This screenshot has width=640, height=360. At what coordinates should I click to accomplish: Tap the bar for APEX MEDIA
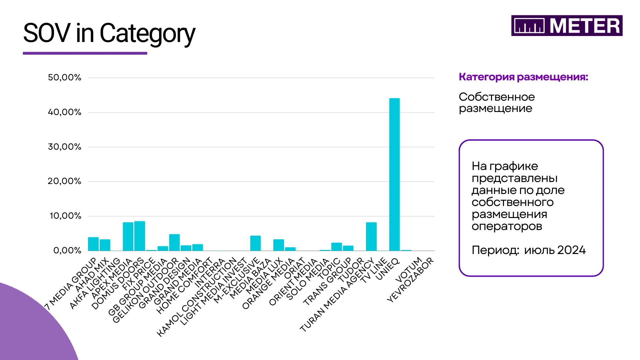coord(128,237)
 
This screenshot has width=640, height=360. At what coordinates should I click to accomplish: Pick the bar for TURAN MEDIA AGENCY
coord(371,237)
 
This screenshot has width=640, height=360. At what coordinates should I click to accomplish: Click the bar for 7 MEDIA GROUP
coord(93,244)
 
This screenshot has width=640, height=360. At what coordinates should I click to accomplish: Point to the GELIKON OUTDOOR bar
coord(174,242)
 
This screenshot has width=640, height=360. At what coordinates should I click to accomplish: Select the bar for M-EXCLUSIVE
coord(255,243)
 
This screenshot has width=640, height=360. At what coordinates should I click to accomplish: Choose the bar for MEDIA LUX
coord(279,245)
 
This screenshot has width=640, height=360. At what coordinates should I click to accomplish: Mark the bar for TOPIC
coord(336,247)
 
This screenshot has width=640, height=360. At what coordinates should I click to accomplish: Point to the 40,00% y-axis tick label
coord(65,112)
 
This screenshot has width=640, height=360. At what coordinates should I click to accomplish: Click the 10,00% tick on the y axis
coord(65,216)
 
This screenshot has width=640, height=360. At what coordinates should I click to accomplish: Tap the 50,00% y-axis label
coord(65,78)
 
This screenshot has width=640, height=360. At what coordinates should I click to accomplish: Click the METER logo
coord(567,26)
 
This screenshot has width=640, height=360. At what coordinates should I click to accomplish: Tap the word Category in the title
coord(147,34)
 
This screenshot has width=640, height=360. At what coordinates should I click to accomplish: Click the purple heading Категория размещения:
coord(523,77)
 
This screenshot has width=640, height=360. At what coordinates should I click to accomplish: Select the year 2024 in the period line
coord(571,250)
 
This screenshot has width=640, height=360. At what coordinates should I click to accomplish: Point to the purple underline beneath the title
coord(85,53)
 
